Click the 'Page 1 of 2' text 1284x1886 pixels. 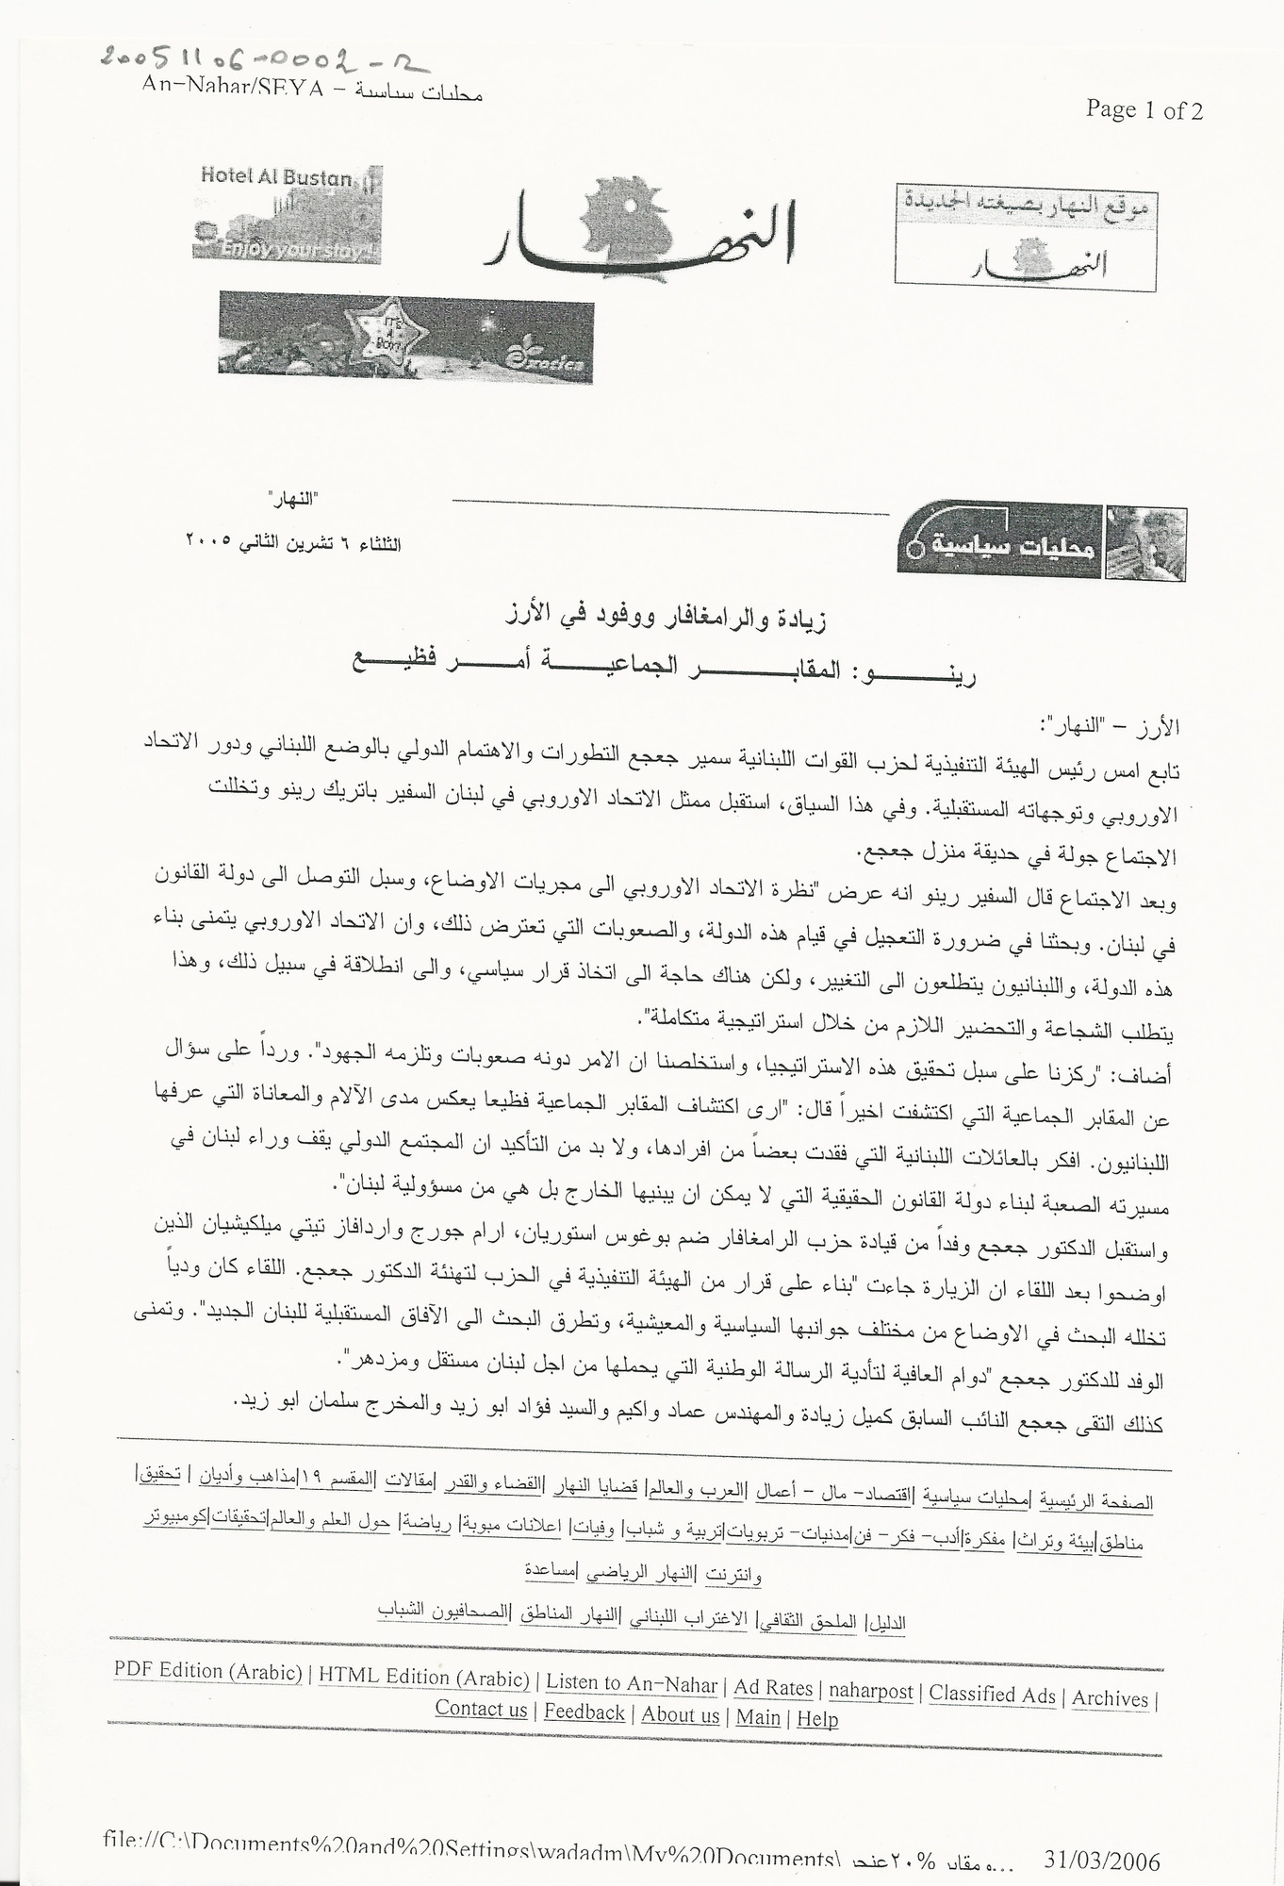1144,110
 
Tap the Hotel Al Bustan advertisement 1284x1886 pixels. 287,213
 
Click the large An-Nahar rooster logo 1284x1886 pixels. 641,231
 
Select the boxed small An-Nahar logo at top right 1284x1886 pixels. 1025,239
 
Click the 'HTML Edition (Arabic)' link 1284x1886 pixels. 423,1676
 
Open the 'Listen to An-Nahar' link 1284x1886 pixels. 631,1682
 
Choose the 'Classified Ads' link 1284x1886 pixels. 992,1694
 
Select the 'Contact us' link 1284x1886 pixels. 481,1709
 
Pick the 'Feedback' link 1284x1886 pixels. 584,1712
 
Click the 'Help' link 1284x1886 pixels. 817,1718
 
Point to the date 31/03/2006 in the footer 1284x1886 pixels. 1102,1859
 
